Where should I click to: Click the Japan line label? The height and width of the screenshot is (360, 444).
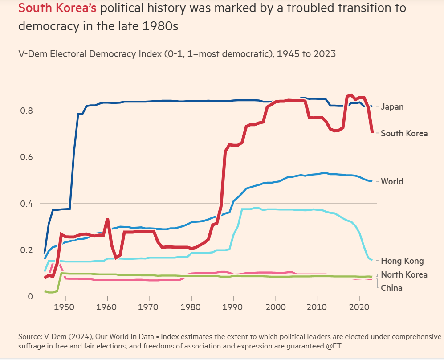[x=392, y=107]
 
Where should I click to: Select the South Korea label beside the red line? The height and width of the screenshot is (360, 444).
[x=404, y=133]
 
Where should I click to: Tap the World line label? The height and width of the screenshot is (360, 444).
[x=392, y=181]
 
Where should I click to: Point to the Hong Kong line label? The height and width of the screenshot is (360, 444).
[x=402, y=261]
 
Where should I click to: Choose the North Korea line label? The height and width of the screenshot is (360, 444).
[x=404, y=274]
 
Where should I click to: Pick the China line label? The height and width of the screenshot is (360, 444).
[x=391, y=288]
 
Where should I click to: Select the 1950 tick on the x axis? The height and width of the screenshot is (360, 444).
[x=65, y=307]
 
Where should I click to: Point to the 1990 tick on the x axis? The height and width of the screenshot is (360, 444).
[x=233, y=307]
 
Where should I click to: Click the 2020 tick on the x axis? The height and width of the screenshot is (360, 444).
[x=359, y=307]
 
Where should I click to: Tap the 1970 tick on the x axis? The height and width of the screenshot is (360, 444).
[x=150, y=307]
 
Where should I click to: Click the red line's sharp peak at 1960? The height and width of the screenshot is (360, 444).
[x=107, y=219]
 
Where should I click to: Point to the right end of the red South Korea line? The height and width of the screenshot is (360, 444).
[x=372, y=132]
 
